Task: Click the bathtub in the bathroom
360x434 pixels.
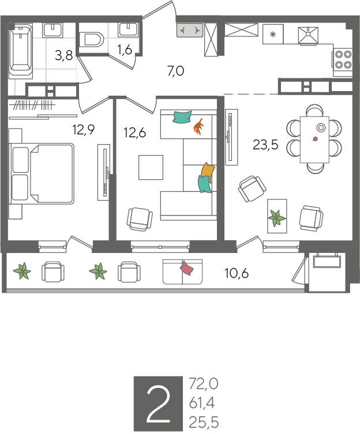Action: [21, 50]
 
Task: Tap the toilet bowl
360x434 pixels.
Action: [91, 40]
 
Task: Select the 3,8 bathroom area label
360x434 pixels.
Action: [63, 55]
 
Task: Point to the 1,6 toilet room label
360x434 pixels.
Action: [125, 50]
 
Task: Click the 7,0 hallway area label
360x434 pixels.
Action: [176, 71]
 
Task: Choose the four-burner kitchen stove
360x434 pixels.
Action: [343, 60]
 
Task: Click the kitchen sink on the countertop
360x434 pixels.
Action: [308, 35]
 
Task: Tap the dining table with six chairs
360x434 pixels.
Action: [314, 139]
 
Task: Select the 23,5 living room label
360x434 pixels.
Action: [265, 145]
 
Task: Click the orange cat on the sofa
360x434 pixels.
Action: [198, 126]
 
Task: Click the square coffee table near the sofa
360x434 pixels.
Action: [151, 167]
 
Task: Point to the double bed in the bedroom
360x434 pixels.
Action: [42, 173]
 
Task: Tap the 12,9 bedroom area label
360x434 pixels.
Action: [84, 129]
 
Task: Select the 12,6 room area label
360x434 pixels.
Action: [134, 133]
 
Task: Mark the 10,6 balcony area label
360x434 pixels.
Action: [237, 273]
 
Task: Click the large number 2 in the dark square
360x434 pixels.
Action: [158, 405]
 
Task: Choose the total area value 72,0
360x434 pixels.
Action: [204, 384]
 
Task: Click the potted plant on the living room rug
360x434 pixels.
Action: [276, 218]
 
